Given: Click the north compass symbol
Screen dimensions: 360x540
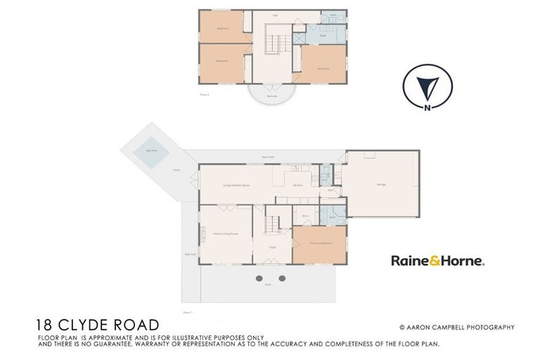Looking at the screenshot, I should [427, 86].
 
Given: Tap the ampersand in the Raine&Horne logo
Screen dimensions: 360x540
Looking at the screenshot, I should [437, 261].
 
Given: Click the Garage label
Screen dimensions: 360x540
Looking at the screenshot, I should [381, 184].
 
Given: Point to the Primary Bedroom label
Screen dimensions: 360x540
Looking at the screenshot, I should [319, 243].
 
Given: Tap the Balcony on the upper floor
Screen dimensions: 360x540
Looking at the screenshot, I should [271, 96].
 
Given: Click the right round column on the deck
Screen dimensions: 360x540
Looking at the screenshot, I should [282, 278].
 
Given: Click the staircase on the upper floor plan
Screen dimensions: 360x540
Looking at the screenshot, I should [273, 43].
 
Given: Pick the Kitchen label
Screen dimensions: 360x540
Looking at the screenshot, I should [298, 185].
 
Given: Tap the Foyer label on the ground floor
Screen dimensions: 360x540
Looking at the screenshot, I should [271, 247].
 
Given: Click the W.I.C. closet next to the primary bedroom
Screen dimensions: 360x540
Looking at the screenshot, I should [305, 216].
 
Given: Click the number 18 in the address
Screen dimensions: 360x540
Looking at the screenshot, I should [44, 325].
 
